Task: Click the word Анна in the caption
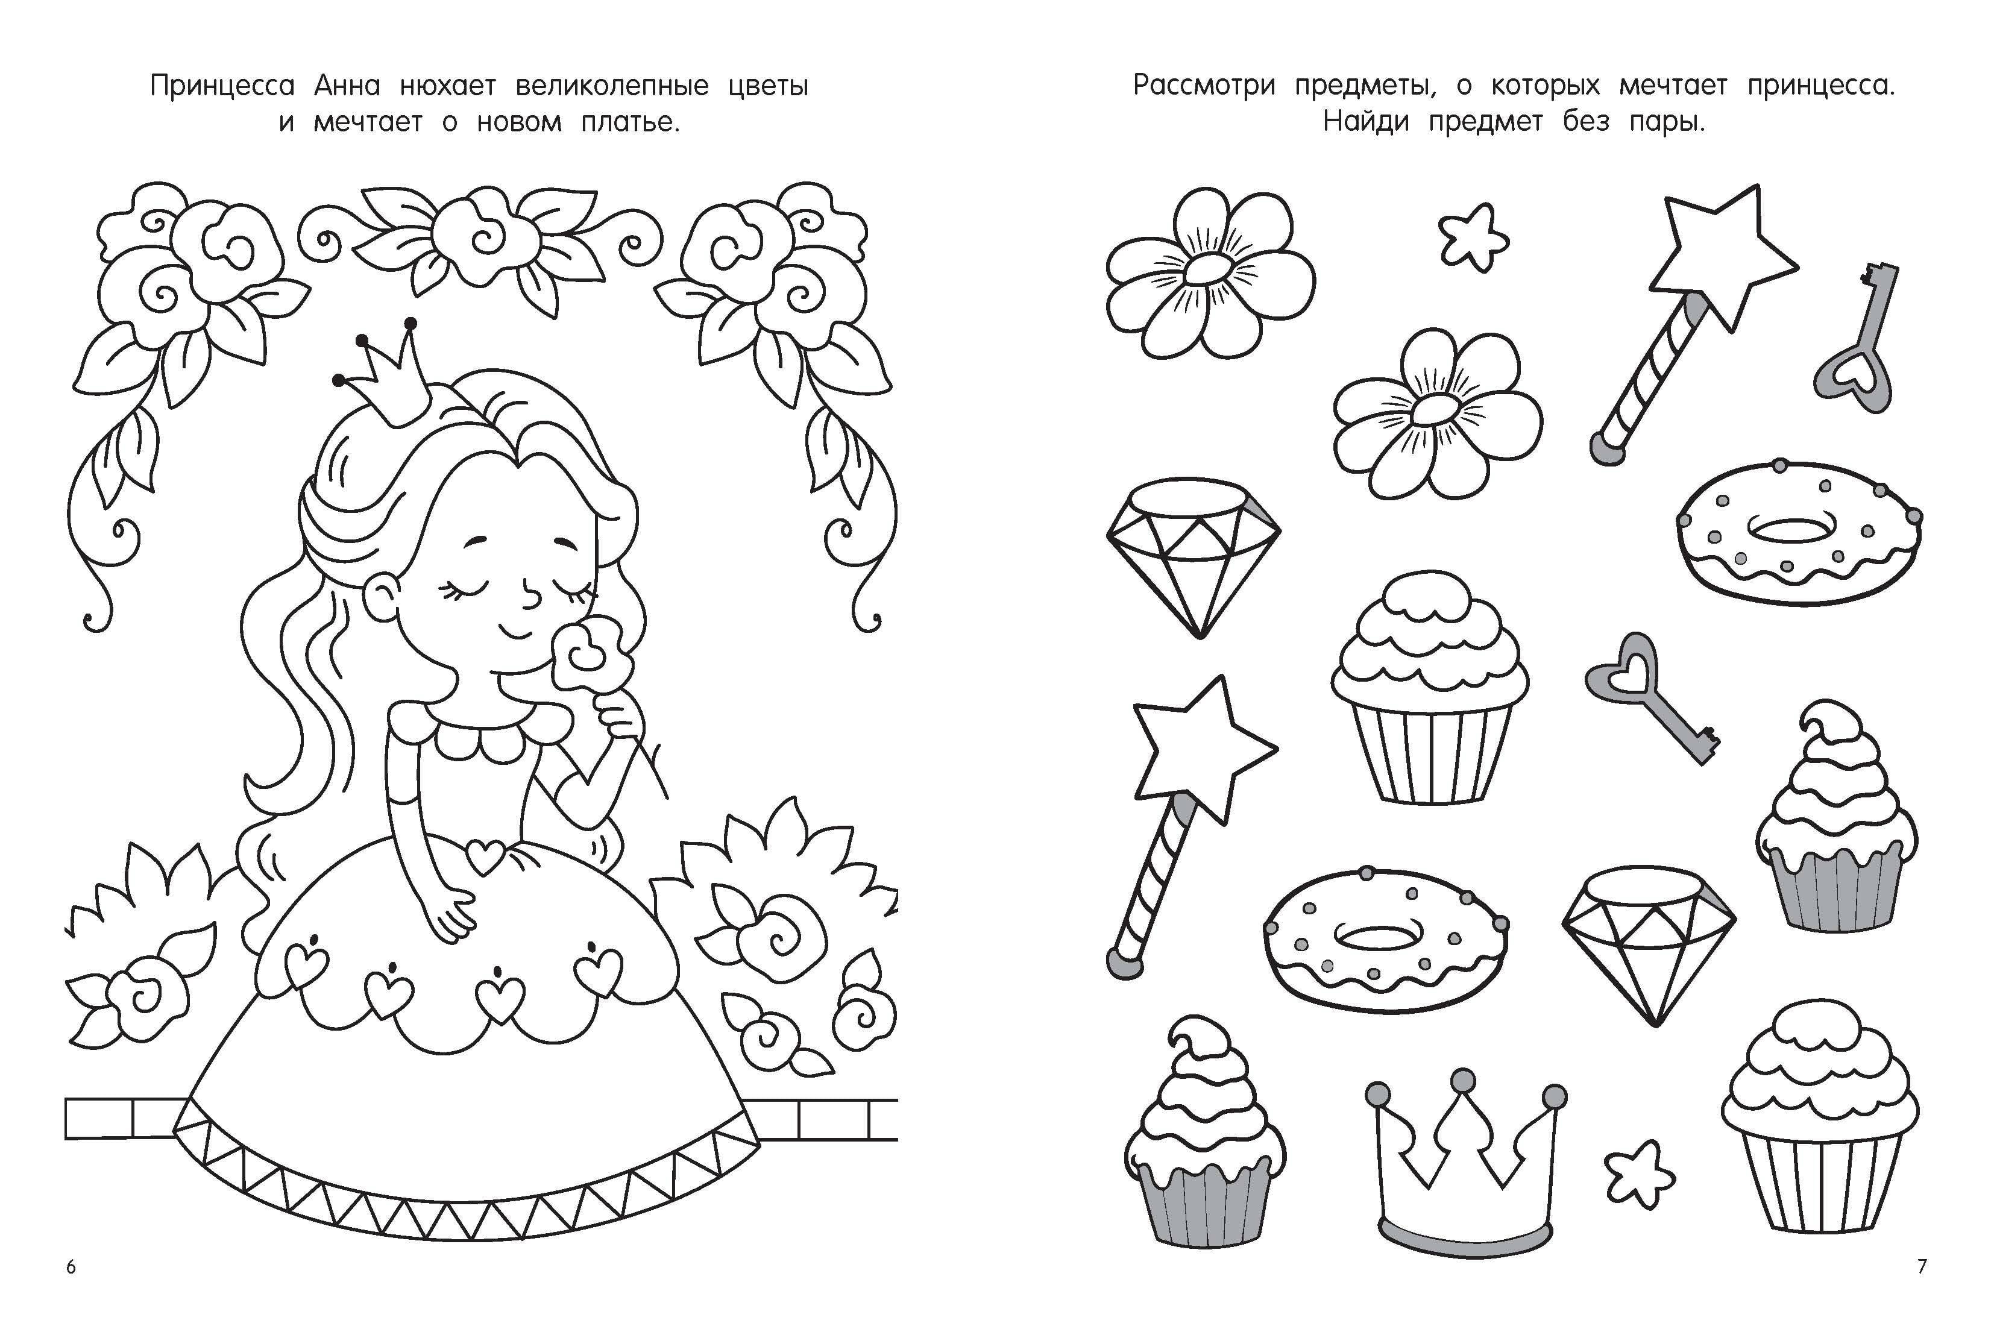tap(347, 86)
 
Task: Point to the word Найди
tap(1366, 123)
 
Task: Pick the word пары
tap(1667, 124)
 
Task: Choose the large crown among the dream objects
tap(1465, 1162)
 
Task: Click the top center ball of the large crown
tap(1462, 1081)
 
